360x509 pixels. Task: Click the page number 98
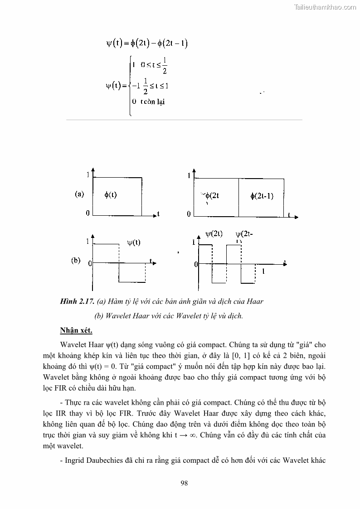[184, 483]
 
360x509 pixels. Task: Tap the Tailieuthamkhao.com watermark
[326, 7]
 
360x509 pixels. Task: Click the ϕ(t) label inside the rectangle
[110, 195]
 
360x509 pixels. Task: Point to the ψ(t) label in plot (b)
[133, 242]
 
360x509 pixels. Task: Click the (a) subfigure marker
[79, 194]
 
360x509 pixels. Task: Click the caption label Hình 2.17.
[77, 301]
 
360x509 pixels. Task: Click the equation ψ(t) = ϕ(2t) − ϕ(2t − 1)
[147, 44]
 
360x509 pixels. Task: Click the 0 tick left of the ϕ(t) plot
[88, 213]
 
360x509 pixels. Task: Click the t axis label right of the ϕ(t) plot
[158, 213]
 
